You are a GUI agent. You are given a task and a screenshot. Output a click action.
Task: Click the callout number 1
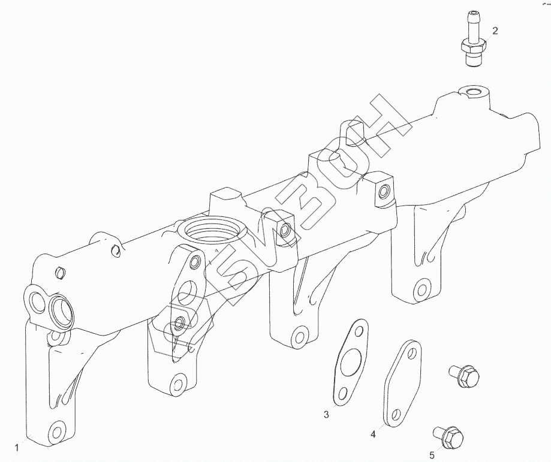coord(17,447)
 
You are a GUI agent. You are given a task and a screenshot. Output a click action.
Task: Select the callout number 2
coord(495,30)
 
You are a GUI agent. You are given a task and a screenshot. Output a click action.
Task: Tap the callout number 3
coord(326,415)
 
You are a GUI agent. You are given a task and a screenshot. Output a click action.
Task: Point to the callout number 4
coord(373,434)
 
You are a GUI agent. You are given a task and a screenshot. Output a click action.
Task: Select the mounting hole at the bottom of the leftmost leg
coord(57,430)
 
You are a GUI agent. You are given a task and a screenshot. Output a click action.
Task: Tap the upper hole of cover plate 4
coord(411,351)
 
